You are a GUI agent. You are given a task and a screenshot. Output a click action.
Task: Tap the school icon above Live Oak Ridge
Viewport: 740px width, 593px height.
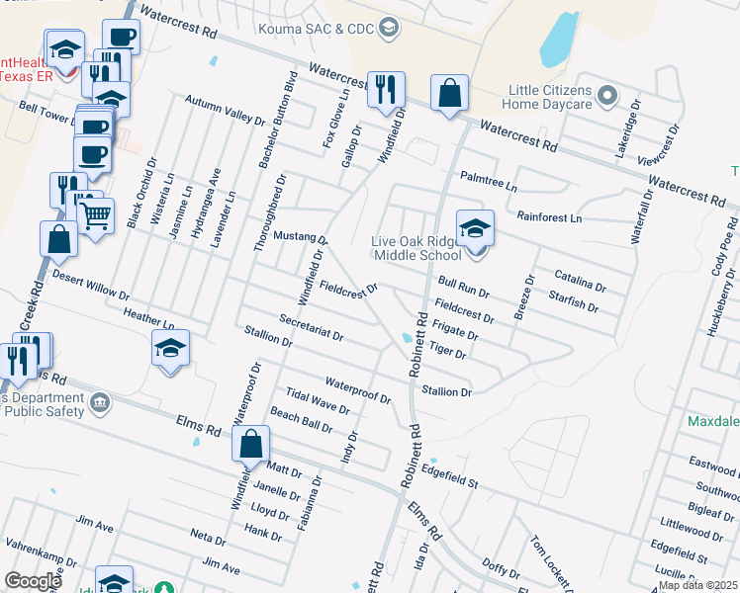(475, 229)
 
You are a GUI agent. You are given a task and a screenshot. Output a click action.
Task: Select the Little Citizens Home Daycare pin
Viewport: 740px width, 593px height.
(607, 97)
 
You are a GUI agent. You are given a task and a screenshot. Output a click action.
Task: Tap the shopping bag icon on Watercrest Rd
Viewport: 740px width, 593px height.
(449, 94)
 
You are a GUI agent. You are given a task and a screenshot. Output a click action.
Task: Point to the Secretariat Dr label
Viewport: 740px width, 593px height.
(311, 329)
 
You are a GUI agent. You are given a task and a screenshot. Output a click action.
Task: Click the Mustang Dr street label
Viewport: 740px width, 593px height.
(301, 238)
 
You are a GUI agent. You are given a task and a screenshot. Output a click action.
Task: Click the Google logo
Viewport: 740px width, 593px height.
(33, 581)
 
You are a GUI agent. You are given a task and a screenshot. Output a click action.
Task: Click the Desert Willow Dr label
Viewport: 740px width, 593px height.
(91, 286)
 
